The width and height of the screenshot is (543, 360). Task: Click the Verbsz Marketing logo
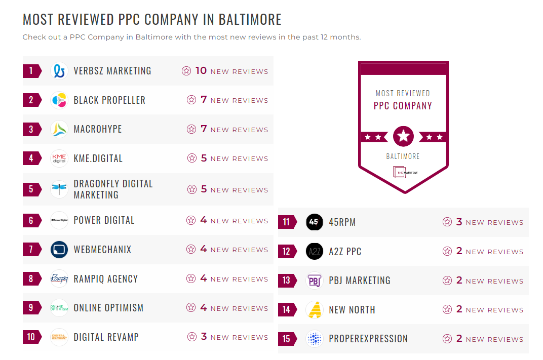60,71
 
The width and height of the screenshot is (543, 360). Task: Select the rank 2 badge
31,100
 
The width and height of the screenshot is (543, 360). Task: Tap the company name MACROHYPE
98,129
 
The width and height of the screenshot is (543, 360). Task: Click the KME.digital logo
60,158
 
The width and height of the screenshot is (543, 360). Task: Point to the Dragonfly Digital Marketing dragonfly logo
60,189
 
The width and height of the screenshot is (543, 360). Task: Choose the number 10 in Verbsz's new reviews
201,71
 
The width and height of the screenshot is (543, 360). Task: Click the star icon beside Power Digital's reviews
191,220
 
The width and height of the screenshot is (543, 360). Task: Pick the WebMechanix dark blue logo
60,250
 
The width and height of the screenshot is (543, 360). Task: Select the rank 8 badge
31,278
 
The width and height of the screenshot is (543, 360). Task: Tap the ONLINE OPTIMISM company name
108,308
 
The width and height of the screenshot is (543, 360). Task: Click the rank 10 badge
31,337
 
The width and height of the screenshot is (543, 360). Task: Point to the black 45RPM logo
315,222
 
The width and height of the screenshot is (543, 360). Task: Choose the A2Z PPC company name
345,251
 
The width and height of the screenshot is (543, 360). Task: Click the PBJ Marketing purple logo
315,281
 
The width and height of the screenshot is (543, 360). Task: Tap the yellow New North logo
315,310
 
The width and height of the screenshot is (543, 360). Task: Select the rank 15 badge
287,339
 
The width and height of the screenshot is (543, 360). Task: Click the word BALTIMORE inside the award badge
403,156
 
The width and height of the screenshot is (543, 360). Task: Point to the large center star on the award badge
403,136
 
